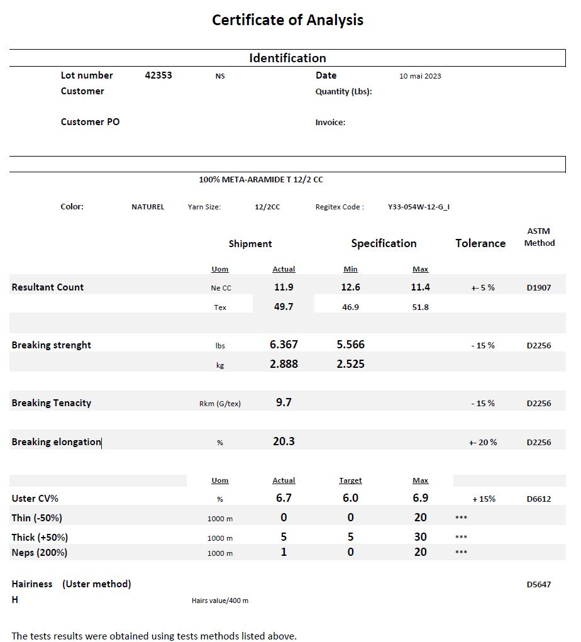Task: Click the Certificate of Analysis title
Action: point(287,20)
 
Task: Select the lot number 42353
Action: point(158,75)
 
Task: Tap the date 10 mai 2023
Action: point(420,76)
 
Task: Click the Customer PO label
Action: point(90,122)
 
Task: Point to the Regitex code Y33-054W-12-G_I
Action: point(419,207)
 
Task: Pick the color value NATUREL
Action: point(148,207)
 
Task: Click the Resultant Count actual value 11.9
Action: point(284,287)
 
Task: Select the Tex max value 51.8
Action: point(421,307)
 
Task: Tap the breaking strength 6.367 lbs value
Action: point(284,345)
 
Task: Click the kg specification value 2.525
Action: point(350,364)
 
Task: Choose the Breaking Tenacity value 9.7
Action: point(284,402)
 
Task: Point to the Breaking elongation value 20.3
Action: point(284,441)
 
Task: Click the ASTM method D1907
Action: point(539,288)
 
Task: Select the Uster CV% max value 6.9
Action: point(421,498)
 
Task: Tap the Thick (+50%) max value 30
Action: point(421,537)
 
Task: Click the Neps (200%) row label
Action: point(40,553)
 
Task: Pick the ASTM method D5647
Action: point(539,585)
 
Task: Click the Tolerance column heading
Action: point(480,243)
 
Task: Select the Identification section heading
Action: point(287,58)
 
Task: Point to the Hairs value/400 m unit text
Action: point(220,601)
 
